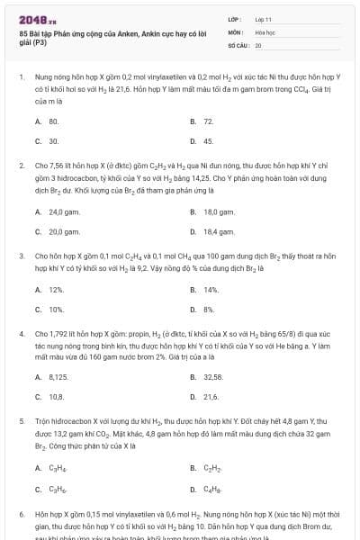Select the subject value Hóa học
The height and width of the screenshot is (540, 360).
[x=265, y=31]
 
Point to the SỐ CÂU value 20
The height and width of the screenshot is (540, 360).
[x=258, y=44]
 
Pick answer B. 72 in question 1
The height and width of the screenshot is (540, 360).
[x=203, y=121]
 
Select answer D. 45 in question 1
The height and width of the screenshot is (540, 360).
[x=203, y=141]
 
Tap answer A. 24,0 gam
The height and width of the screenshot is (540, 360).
[x=58, y=211]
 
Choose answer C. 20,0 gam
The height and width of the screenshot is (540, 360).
[x=58, y=232]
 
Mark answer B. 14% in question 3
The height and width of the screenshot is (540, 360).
[x=206, y=289]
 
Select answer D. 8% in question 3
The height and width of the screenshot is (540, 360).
[x=204, y=310]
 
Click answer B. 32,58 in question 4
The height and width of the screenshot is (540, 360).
[x=209, y=376]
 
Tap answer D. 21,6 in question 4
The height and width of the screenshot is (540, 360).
[x=206, y=397]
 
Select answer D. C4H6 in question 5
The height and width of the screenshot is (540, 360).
[x=206, y=490]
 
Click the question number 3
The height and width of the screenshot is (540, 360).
[x=21, y=256]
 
